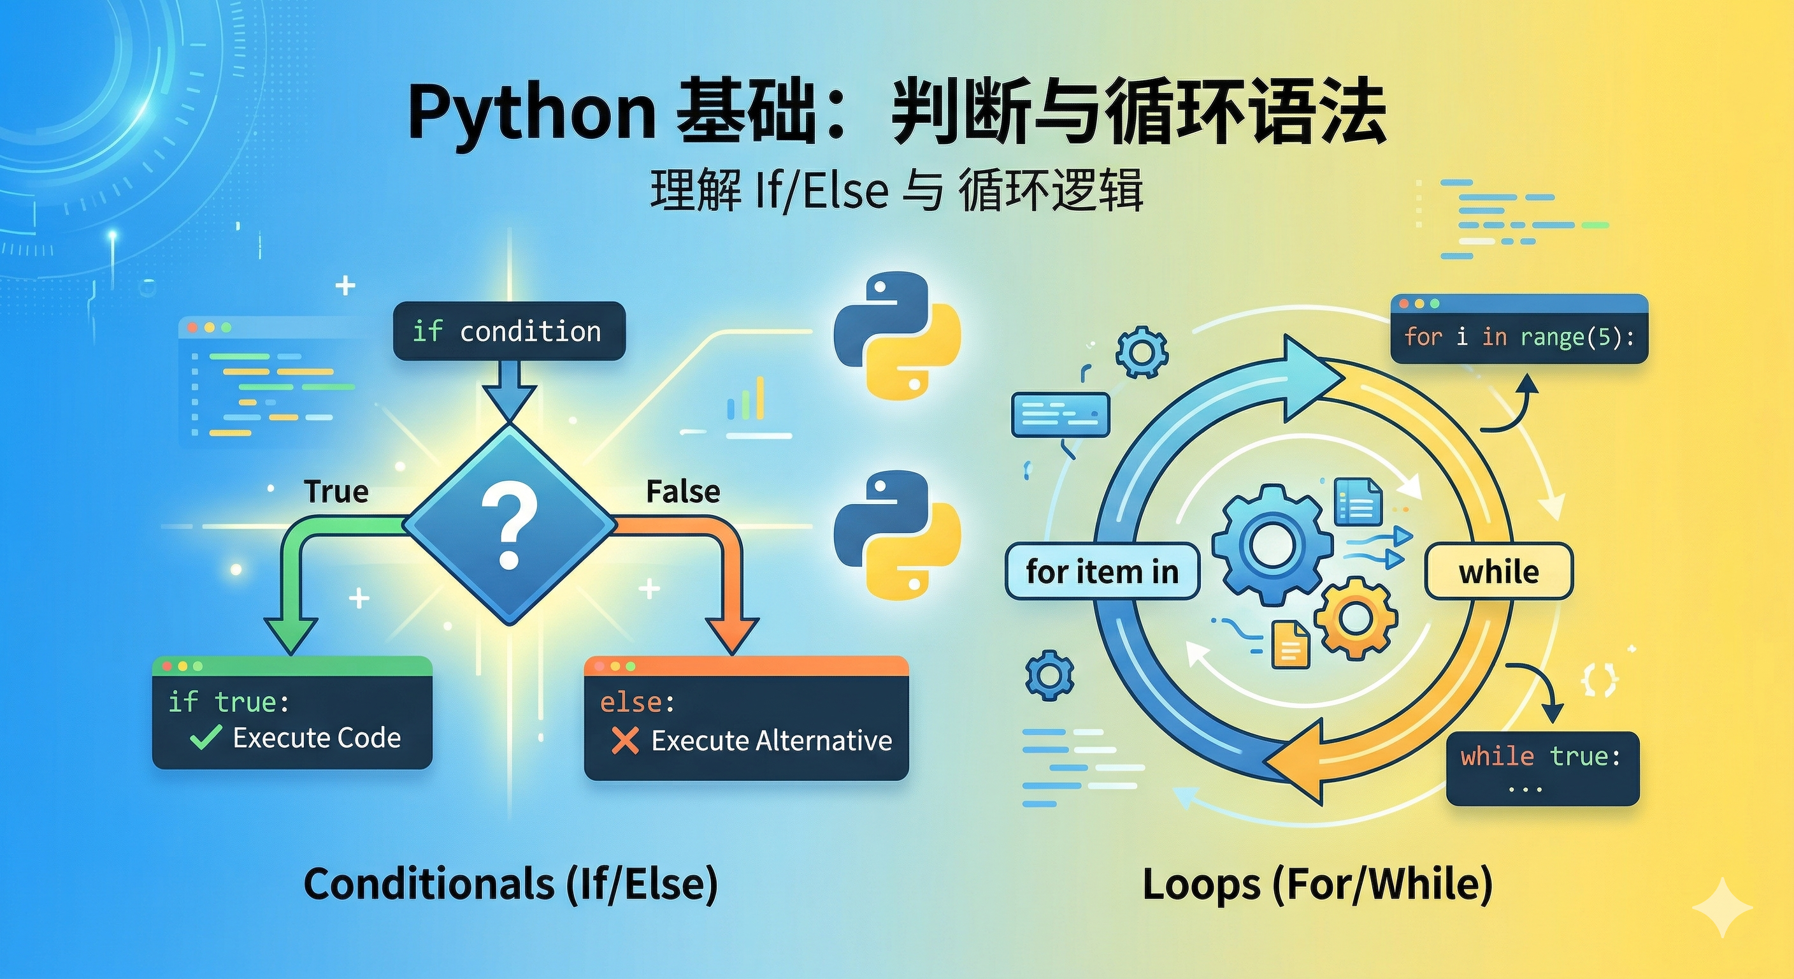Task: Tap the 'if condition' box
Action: (509, 331)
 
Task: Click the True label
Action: (336, 492)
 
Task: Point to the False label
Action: (682, 492)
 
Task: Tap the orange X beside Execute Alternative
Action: (625, 741)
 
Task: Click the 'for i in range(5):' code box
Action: (1519, 337)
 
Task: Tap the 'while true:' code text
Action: (1540, 756)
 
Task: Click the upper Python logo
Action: (897, 336)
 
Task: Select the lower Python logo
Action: (897, 535)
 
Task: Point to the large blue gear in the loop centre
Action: (1272, 545)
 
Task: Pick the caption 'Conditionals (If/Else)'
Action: (510, 883)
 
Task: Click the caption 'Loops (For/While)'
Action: (1317, 883)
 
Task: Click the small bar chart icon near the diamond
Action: (746, 399)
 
